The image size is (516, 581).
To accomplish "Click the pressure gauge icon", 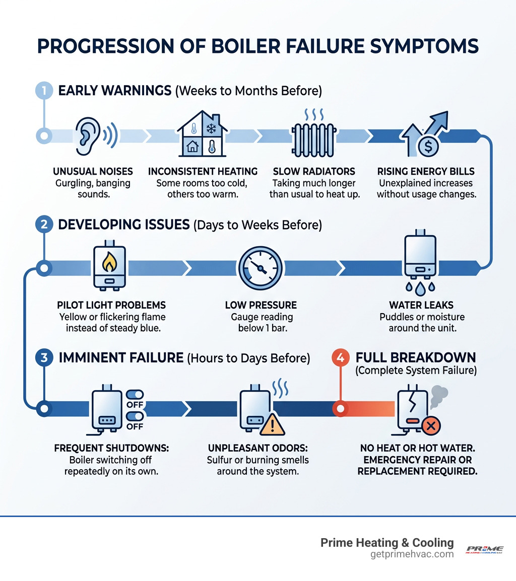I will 261,267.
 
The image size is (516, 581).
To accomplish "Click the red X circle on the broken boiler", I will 431,427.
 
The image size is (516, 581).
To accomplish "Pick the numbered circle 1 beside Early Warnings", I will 43,91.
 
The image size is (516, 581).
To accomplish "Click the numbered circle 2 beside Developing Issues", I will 43,224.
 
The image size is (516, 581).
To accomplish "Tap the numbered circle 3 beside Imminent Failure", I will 43,358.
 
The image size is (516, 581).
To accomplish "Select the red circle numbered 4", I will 340,358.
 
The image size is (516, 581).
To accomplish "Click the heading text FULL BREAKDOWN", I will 415,357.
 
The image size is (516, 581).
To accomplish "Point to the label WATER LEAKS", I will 421,305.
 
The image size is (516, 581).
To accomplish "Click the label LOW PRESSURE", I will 261,305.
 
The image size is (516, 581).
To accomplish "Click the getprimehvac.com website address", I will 411,554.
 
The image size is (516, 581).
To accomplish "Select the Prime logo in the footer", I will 484,549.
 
